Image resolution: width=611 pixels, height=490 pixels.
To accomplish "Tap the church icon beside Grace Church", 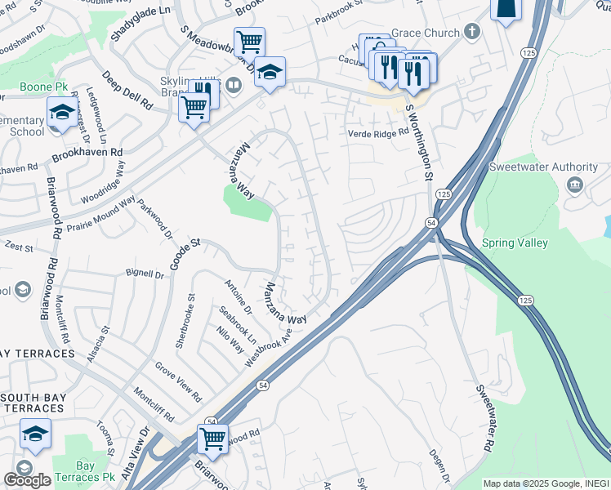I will point(471,33).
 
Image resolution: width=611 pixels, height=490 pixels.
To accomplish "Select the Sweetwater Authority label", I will point(531,167).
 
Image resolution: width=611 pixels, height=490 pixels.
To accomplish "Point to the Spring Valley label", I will point(537,243).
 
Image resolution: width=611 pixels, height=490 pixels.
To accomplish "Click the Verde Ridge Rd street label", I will point(377,133).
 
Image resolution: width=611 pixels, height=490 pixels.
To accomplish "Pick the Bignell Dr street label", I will point(145,274).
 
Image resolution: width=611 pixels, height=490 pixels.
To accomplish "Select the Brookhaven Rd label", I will point(87,153).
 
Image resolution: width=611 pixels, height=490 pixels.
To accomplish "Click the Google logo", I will point(27,480).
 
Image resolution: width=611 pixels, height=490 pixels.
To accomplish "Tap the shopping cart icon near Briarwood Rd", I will point(212,439).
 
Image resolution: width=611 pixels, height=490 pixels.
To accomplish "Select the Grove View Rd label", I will point(178,382).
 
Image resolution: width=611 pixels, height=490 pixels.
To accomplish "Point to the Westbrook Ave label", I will point(269,346).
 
